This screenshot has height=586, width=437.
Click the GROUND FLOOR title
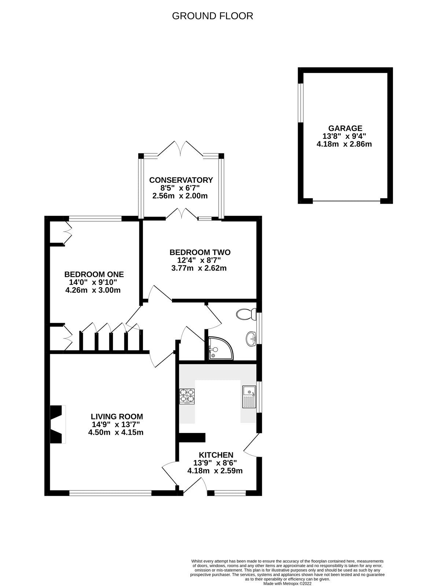click(x=212, y=16)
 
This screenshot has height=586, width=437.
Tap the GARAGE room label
click(x=345, y=128)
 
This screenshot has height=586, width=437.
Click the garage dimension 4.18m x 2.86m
click(x=344, y=144)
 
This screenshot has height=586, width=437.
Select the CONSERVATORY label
click(x=181, y=180)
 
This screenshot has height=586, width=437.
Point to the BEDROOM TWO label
click(x=200, y=252)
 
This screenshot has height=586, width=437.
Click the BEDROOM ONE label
click(x=94, y=274)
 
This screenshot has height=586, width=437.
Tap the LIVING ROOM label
click(x=117, y=416)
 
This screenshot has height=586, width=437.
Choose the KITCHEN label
click(x=216, y=455)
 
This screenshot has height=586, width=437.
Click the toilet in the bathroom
click(x=245, y=314)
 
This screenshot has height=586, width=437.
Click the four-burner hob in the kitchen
click(x=187, y=396)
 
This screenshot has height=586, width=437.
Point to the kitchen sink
click(x=249, y=397)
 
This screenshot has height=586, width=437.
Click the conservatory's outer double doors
click(x=180, y=148)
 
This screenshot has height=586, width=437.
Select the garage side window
click(x=300, y=103)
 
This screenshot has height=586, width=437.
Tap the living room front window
click(x=110, y=493)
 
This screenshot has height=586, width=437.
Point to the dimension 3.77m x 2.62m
click(x=199, y=268)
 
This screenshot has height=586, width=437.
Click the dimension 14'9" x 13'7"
click(x=116, y=424)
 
